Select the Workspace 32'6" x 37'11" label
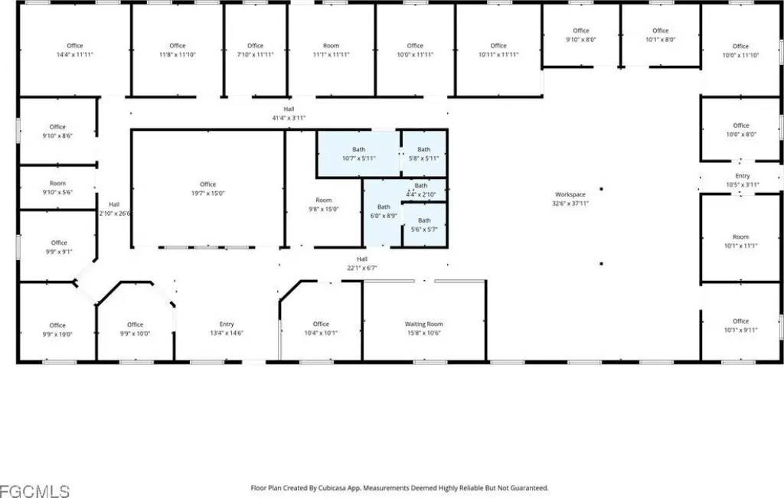click(x=570, y=199)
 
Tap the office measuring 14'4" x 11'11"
click(x=74, y=50)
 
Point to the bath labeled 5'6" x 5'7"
click(x=424, y=225)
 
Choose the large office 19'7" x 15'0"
click(x=207, y=189)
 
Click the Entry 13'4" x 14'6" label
click(x=227, y=328)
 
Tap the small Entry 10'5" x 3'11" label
click(x=742, y=181)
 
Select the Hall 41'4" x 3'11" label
click(x=289, y=113)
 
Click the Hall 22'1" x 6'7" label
click(x=362, y=264)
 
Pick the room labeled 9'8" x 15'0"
click(x=324, y=204)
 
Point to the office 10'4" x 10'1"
click(x=321, y=328)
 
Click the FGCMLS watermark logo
click(x=34, y=487)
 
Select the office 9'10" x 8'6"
click(x=57, y=131)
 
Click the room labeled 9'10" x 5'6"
click(x=57, y=187)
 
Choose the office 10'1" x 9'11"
click(x=740, y=325)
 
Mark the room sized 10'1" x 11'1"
click(x=740, y=241)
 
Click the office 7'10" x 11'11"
click(x=255, y=50)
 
